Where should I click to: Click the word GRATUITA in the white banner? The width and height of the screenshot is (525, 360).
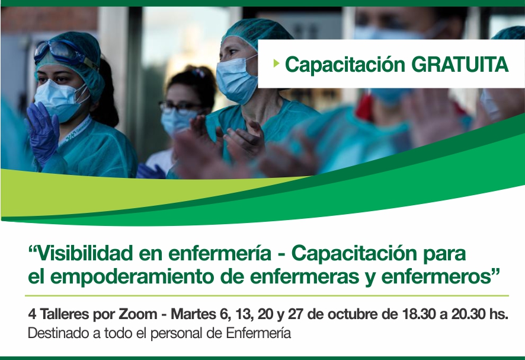coord(460,64)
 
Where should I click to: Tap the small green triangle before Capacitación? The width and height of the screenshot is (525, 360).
coord(276,63)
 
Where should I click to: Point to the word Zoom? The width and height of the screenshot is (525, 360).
coord(138,314)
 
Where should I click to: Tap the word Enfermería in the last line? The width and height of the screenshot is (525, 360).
coord(258,333)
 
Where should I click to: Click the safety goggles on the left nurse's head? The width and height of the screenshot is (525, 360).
coord(63,53)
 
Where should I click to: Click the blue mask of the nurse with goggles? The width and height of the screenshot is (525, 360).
coord(60,99)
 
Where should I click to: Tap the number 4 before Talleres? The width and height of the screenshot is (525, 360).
coord(32,314)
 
